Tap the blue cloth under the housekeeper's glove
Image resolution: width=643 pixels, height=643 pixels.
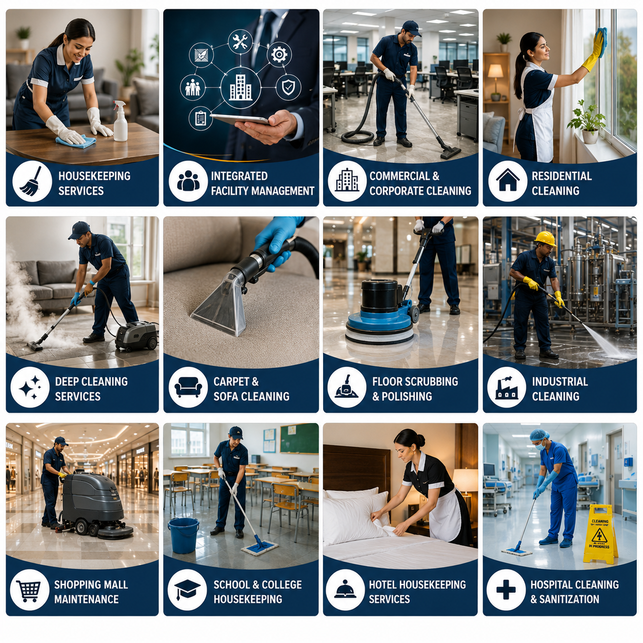[x=76, y=141]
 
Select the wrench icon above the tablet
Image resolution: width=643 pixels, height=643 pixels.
[x=240, y=42]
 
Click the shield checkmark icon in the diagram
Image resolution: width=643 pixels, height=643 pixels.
[x=288, y=88]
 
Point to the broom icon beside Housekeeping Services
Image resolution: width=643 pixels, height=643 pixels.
[x=32, y=182]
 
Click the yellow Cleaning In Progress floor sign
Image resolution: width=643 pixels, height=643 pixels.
[x=600, y=535]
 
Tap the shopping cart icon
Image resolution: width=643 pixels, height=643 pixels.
[x=29, y=591]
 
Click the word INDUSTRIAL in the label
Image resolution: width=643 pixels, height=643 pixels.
[x=560, y=381]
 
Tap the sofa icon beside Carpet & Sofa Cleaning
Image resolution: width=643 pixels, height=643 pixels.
[x=188, y=387]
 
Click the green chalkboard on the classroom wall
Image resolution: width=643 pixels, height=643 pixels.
[x=299, y=438]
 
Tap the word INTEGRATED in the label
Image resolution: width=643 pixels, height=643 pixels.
[x=239, y=176]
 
